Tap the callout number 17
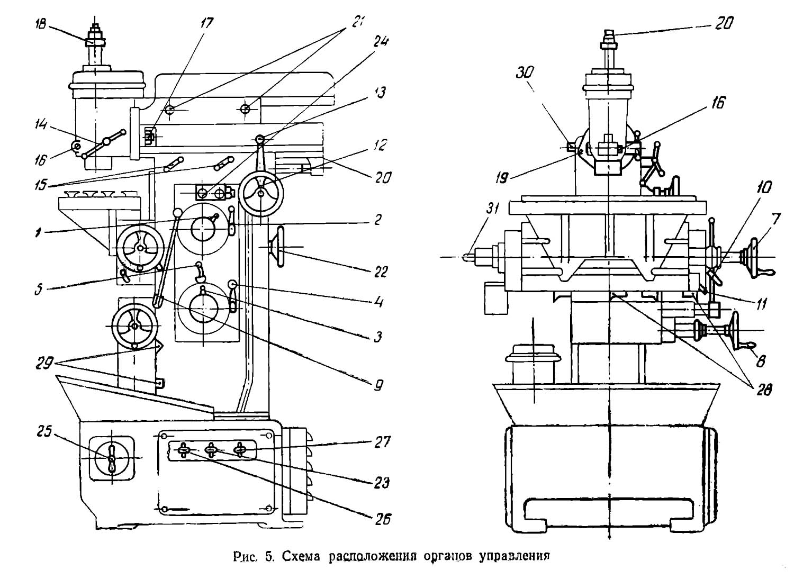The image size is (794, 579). [x=205, y=23]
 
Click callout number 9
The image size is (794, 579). [x=376, y=385]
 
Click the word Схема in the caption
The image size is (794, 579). [x=302, y=556]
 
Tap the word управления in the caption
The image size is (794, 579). [x=512, y=556]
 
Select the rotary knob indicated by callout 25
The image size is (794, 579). [x=112, y=458]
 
